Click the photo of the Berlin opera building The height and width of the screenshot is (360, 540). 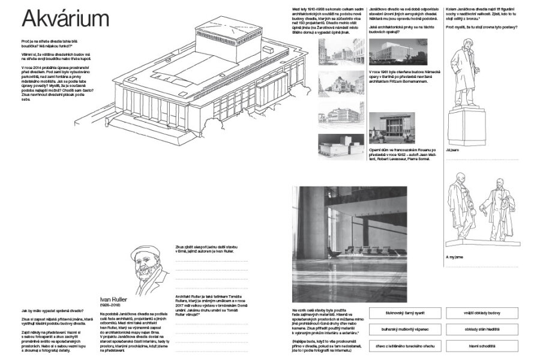pyautogui.click(x=398, y=52)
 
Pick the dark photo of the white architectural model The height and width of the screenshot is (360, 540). pyautogui.click(x=341, y=146)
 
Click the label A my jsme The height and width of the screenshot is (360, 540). pyautogui.click(x=454, y=257)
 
